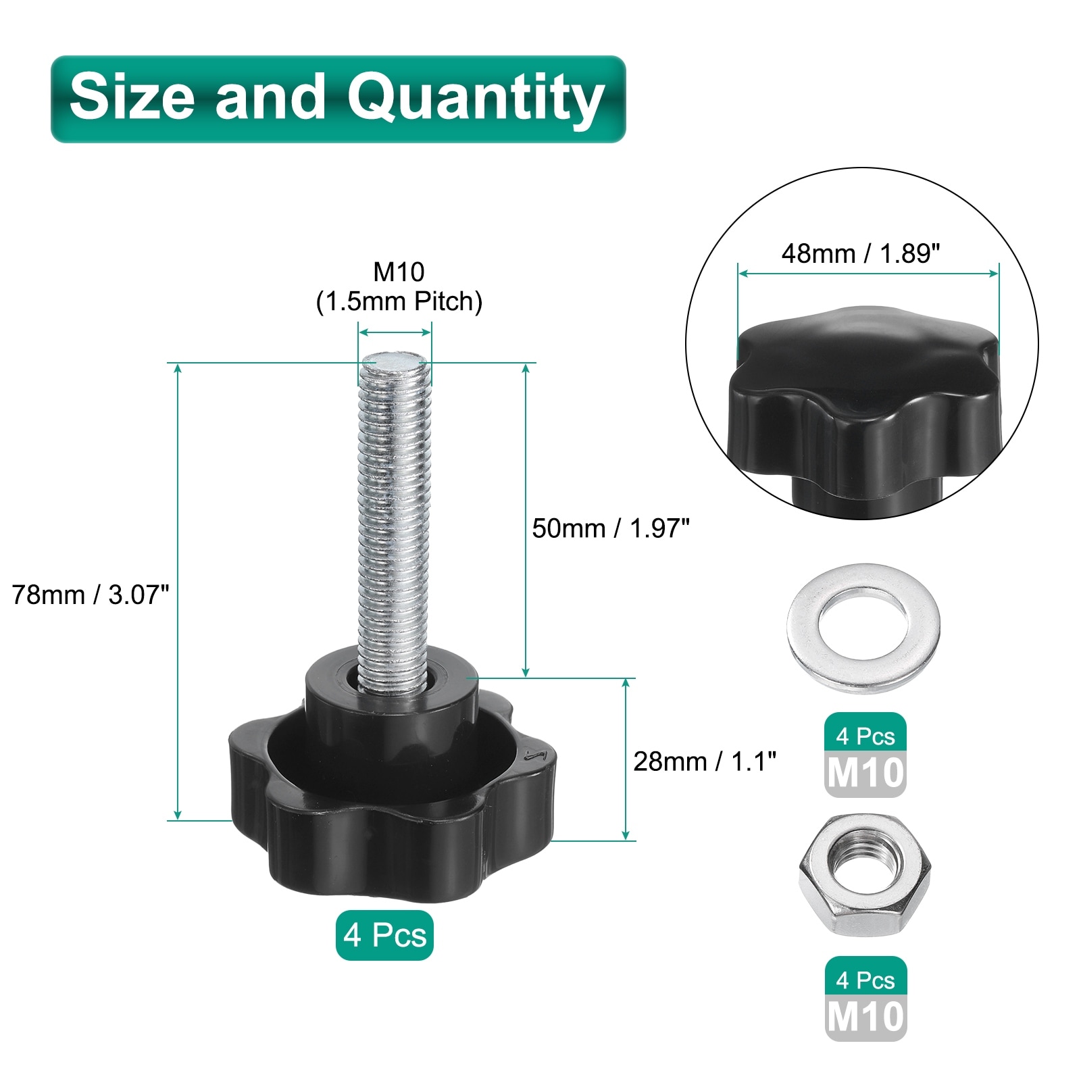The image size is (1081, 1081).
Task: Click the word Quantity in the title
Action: (x=476, y=99)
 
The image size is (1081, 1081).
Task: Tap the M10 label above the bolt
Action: (x=399, y=272)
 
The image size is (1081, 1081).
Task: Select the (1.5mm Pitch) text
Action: (x=399, y=301)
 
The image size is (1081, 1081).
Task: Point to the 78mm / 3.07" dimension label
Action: (x=91, y=595)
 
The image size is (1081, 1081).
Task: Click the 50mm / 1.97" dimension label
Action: (x=611, y=528)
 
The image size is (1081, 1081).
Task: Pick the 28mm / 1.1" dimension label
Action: (x=705, y=761)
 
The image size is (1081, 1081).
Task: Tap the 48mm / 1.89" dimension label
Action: (x=861, y=253)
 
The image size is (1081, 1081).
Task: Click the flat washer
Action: (x=863, y=628)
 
